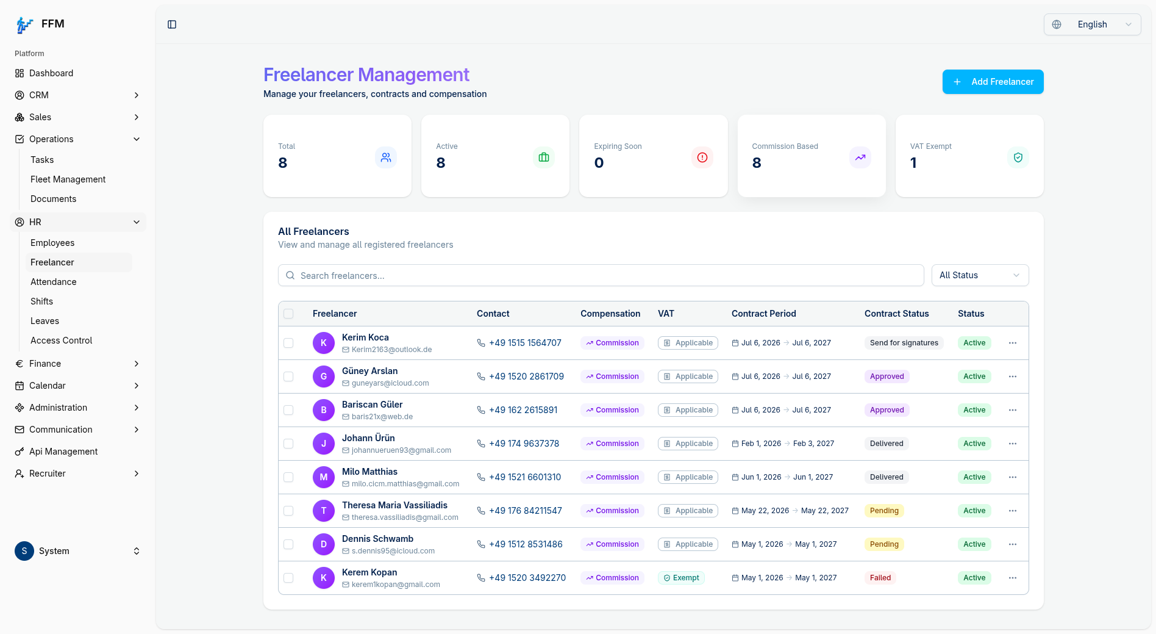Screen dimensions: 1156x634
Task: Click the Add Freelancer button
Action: point(993,82)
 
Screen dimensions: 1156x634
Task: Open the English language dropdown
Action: point(1092,24)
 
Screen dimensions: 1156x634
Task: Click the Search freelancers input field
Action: point(601,275)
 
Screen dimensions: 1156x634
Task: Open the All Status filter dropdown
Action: point(980,275)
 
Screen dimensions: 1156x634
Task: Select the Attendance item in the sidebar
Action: point(54,282)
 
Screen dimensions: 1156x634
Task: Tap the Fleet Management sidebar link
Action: point(68,179)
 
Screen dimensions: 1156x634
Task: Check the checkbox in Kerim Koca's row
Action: point(288,343)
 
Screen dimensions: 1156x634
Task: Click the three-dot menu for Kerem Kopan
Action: point(1013,578)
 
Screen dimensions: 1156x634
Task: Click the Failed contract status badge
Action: point(880,578)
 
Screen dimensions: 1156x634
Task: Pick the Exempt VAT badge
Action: point(681,578)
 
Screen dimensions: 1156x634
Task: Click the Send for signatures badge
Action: point(904,343)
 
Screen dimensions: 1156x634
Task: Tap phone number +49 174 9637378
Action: point(524,444)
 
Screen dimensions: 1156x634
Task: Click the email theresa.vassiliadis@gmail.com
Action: point(405,517)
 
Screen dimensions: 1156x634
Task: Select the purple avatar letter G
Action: point(324,376)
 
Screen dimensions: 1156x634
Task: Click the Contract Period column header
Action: point(764,314)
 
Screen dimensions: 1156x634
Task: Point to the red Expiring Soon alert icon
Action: point(702,157)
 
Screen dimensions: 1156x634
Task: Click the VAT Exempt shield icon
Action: point(1018,157)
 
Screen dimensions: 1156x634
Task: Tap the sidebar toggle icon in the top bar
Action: point(172,24)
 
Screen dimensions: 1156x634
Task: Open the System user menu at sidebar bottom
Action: point(77,551)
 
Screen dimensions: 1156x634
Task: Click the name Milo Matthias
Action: point(369,472)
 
